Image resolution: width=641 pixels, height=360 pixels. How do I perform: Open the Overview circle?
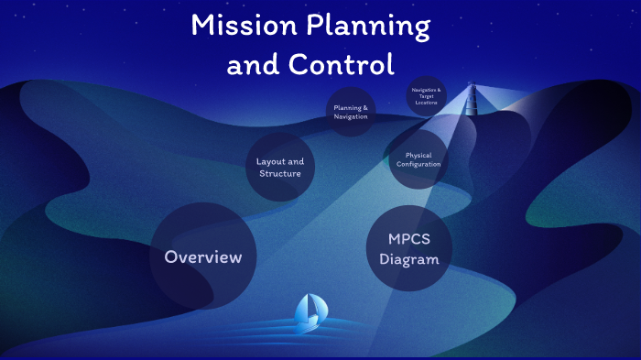203,256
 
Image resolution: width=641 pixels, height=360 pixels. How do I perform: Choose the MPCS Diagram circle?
408,249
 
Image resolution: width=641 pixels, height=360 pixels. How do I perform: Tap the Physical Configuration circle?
418,159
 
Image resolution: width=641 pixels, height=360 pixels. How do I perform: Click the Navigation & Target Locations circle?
427,96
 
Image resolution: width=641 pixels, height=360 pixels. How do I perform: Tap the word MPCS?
408,239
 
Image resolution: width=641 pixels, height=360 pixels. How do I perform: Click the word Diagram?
408,259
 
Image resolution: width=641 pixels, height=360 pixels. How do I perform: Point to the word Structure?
280,174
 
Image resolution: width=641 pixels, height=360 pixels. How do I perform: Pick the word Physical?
418,155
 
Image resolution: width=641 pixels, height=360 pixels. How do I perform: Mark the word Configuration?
418,165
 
